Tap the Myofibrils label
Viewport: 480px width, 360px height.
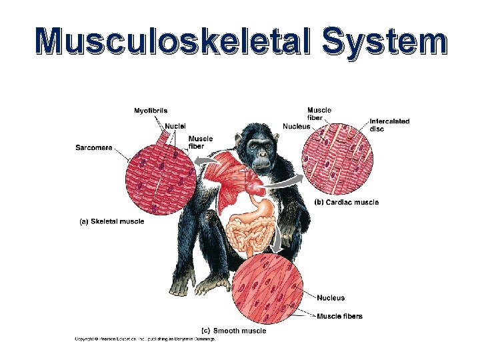[151, 110]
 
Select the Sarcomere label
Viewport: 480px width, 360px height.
[93, 148]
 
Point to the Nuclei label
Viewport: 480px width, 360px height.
[175, 125]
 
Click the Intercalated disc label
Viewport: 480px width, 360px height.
[389, 125]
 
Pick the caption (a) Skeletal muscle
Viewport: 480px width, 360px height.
[112, 221]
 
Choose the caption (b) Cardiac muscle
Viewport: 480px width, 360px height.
[346, 202]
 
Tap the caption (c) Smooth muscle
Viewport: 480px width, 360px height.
[233, 330]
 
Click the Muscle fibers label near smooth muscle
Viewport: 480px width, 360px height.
[339, 316]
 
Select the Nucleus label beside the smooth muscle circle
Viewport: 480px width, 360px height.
[331, 298]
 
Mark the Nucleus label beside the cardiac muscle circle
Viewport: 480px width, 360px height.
[296, 126]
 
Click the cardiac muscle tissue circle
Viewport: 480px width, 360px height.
[337, 160]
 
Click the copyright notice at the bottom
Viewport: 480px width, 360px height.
[144, 339]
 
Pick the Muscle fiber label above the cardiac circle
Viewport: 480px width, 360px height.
[318, 113]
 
